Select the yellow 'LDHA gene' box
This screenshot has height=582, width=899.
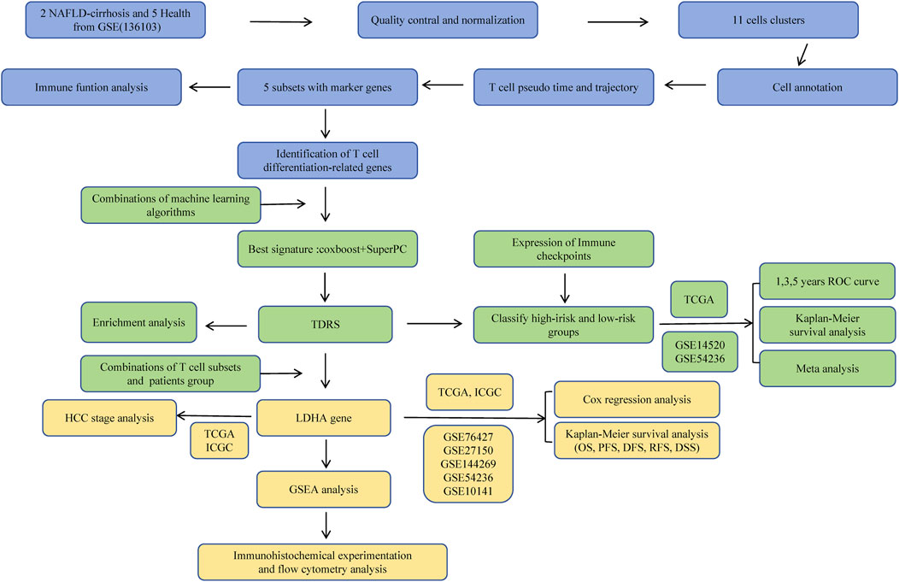point(325,418)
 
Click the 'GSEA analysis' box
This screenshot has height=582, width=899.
point(325,490)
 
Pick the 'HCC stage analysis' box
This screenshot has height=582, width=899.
point(105,418)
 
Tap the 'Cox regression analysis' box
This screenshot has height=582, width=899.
point(637,398)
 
